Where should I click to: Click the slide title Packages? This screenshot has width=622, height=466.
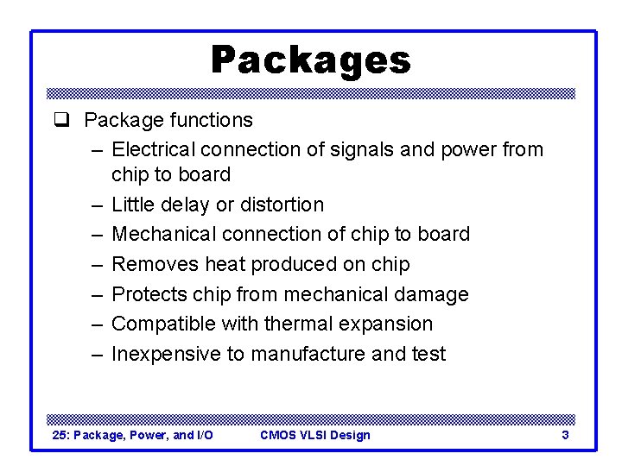point(311,60)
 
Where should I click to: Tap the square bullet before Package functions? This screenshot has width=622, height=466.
point(60,121)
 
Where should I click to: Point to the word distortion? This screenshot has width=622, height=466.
point(281,205)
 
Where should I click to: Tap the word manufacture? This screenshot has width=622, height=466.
point(321,354)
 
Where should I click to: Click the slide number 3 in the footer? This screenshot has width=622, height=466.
point(565,435)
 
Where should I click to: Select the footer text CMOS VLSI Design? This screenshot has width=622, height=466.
point(314,435)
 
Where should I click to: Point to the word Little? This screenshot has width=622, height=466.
point(131,205)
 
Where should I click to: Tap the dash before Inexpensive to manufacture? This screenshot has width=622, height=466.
point(96,354)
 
